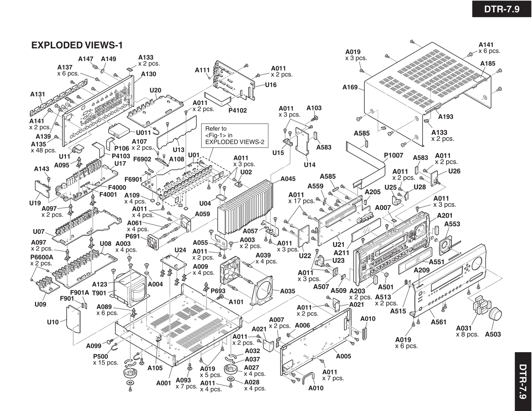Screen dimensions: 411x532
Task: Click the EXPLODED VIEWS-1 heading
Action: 77,45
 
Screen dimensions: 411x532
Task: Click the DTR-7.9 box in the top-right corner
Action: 502,9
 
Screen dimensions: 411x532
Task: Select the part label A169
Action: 350,87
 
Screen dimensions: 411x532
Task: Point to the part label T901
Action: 99,293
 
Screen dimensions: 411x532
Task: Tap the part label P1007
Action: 394,155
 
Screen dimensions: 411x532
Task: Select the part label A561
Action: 438,322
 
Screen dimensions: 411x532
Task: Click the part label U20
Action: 155,91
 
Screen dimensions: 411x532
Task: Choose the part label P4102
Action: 237,110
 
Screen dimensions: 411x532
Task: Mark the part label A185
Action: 488,63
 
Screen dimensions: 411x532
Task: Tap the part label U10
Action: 53,322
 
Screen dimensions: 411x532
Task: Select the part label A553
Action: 452,224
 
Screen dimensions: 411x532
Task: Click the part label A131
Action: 38,94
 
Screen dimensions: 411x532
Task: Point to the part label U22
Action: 305,255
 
